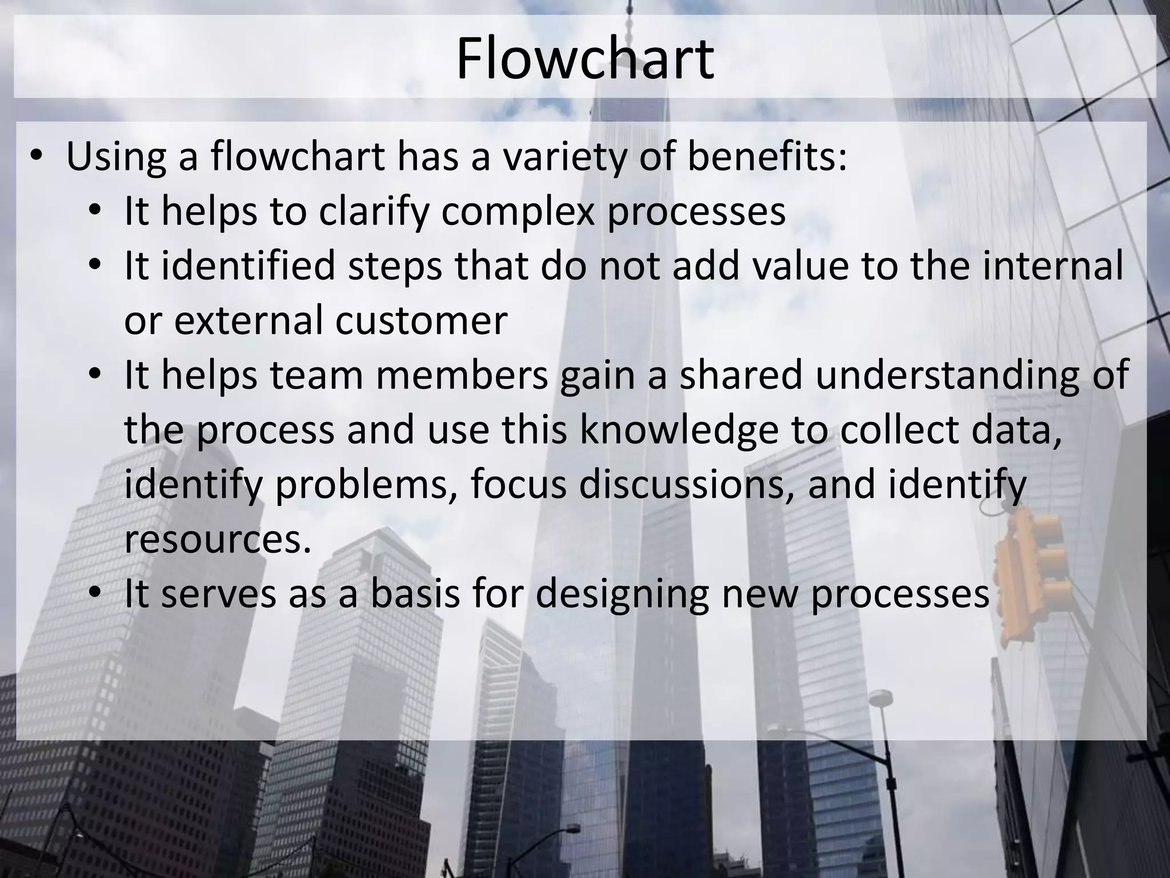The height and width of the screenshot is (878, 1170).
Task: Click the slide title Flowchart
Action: pyautogui.click(x=585, y=59)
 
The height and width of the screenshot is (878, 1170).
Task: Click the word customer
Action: pyautogui.click(x=421, y=320)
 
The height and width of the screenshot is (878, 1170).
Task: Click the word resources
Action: pyautogui.click(x=218, y=539)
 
